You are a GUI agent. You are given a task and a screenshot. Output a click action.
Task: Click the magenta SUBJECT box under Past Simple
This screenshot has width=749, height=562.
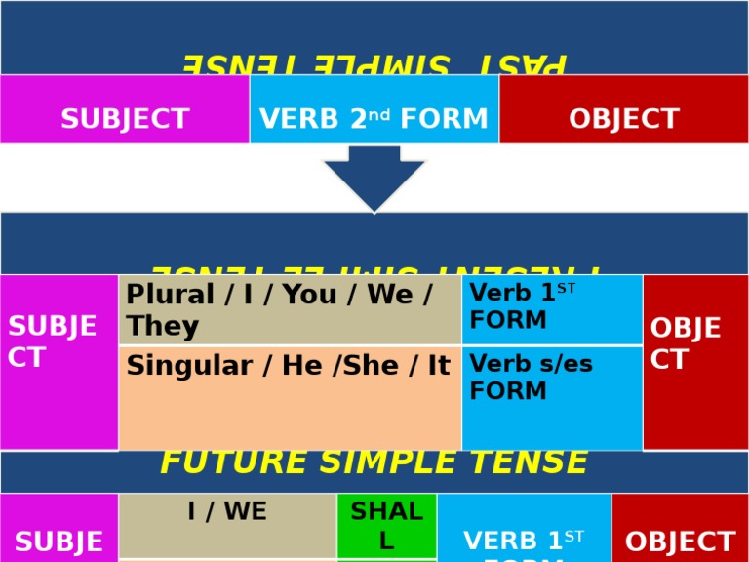click(125, 119)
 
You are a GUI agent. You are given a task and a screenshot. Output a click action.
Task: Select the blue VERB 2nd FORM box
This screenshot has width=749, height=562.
click(374, 119)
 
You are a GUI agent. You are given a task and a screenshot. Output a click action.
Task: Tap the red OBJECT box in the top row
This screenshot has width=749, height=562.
click(624, 119)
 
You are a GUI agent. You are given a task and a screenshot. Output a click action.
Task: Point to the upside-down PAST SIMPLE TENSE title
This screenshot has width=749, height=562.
click(374, 62)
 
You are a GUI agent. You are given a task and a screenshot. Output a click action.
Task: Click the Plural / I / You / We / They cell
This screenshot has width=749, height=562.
click(290, 310)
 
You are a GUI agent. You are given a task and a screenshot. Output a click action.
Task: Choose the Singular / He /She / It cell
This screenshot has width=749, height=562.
click(290, 397)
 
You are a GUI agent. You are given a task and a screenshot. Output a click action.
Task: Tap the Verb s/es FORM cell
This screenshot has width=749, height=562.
click(552, 397)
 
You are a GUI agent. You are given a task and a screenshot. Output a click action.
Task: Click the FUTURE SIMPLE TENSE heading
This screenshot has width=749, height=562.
click(374, 462)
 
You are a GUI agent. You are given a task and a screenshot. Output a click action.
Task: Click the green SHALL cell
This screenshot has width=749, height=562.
click(386, 525)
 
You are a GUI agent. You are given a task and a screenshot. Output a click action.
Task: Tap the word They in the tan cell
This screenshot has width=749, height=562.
click(162, 326)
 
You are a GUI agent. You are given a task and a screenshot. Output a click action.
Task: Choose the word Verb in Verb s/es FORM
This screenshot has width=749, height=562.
click(493, 365)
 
